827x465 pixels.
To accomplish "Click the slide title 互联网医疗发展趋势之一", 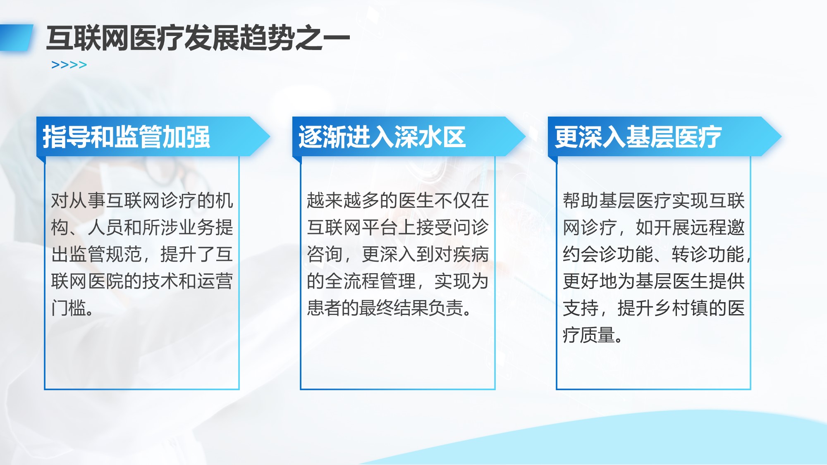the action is [x=198, y=38].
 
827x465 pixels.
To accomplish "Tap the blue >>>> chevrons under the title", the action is [x=69, y=65].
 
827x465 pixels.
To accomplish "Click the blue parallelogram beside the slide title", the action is [x=17, y=38].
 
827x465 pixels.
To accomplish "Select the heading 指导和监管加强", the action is [x=127, y=137].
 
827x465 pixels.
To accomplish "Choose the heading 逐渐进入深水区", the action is [x=382, y=137].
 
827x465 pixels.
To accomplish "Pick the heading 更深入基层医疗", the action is [x=638, y=137].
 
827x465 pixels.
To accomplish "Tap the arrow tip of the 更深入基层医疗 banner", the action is [x=781, y=136].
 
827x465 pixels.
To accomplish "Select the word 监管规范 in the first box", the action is [x=106, y=254].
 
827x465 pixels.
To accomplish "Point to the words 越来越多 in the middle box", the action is [x=343, y=200].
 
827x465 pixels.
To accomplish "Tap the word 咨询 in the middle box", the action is [x=325, y=254].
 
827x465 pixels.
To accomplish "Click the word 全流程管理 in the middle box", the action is [x=370, y=281].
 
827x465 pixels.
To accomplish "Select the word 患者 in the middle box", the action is [x=325, y=308].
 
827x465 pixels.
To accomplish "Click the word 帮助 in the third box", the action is [x=581, y=200].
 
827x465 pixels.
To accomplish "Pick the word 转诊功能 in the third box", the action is [x=708, y=254].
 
